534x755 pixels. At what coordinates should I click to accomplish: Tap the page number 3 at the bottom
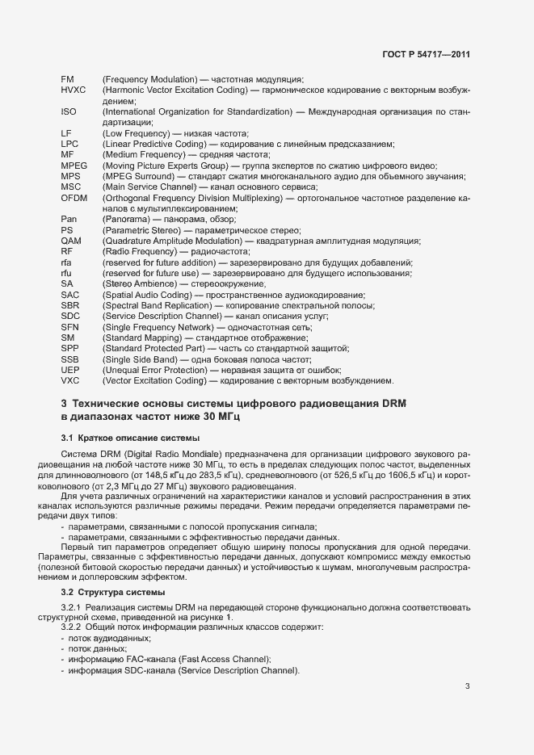click(467, 687)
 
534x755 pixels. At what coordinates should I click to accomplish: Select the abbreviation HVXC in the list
click(73, 91)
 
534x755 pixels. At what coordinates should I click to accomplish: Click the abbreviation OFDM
click(74, 197)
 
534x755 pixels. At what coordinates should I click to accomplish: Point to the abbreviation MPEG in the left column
click(74, 165)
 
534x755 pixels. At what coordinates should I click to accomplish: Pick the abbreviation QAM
click(71, 241)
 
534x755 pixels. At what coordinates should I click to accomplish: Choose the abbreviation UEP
click(70, 369)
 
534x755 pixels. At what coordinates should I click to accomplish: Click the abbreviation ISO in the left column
click(69, 111)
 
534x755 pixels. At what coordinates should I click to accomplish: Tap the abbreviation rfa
click(67, 262)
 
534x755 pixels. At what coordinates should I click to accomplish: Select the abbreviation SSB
click(70, 359)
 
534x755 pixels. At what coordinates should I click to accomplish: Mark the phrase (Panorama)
click(126, 219)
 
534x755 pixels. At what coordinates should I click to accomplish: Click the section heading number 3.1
click(67, 438)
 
